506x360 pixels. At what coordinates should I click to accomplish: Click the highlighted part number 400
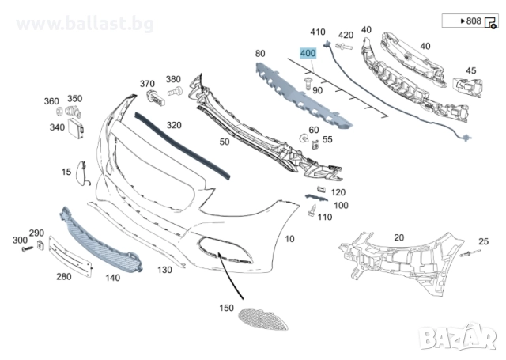point(308,54)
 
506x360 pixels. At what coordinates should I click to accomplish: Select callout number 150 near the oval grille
point(227,306)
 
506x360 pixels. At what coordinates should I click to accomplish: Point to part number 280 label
point(63,276)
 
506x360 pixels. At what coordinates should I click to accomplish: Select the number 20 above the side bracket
point(398,237)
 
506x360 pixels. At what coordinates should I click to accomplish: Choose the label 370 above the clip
point(147,83)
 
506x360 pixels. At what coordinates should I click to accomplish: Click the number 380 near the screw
point(173,79)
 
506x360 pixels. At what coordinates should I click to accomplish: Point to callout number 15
point(66,171)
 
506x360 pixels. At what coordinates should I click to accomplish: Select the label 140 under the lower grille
point(113,278)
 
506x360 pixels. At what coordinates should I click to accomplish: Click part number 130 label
point(164,270)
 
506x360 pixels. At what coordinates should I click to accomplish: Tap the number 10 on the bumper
point(289,238)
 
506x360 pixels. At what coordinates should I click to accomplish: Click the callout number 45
point(470,70)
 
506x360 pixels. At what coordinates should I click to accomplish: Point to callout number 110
point(324,217)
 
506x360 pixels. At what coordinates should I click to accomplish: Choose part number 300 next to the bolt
point(20,239)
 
